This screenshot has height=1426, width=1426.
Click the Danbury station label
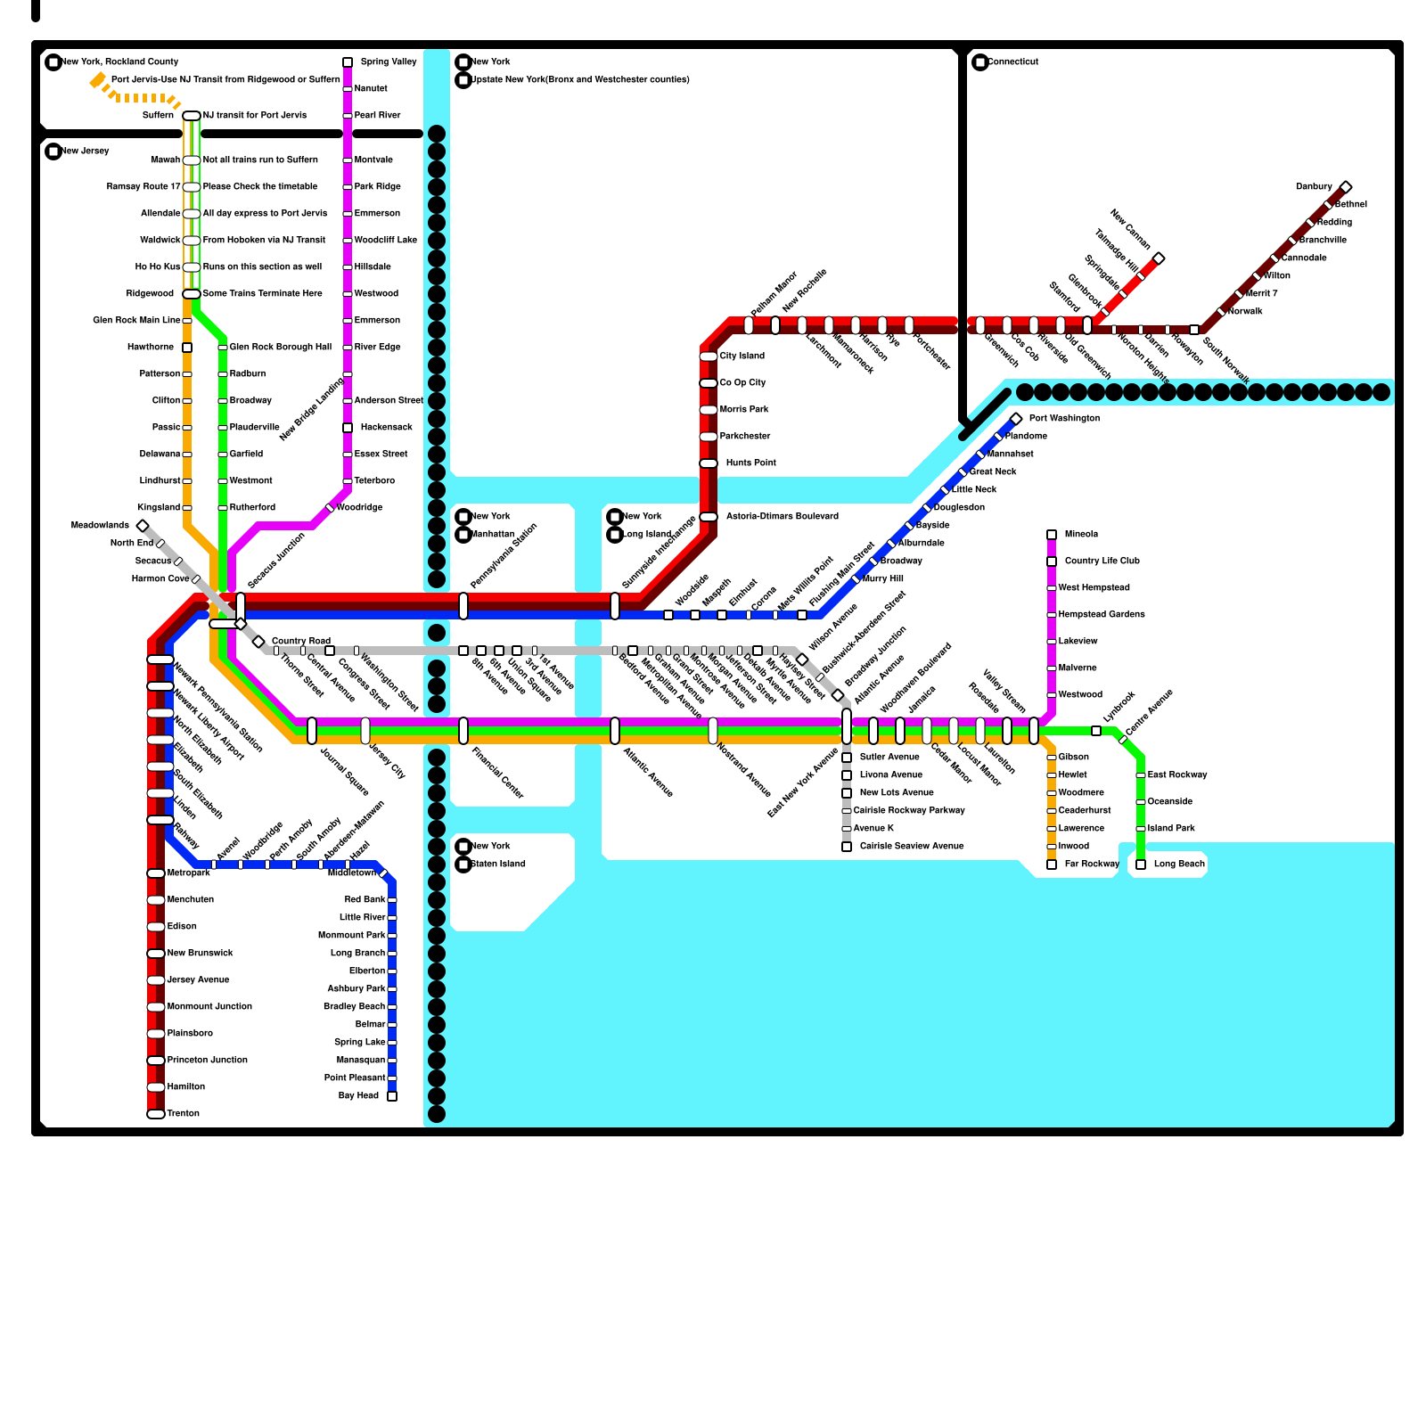tap(1314, 187)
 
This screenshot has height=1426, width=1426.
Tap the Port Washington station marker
tap(1016, 419)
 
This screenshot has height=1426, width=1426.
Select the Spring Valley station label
tap(389, 62)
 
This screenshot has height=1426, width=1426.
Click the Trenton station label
tap(184, 1114)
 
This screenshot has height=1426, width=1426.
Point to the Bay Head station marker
tap(392, 1096)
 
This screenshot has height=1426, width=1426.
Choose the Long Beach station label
tap(1179, 865)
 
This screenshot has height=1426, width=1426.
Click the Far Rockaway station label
tap(1092, 865)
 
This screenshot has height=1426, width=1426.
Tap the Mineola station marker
tap(1052, 535)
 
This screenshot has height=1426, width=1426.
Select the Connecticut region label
tap(1013, 62)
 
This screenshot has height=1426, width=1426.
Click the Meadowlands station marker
tap(143, 526)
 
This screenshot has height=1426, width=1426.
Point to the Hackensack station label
tap(387, 428)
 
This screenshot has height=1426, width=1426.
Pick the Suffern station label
tap(158, 116)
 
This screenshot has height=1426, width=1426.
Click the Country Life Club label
tap(1102, 561)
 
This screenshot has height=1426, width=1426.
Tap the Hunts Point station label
tap(750, 463)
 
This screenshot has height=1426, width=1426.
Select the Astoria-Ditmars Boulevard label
tap(782, 517)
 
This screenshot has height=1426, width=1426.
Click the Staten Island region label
tap(498, 865)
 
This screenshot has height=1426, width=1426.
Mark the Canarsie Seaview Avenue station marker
tap(847, 847)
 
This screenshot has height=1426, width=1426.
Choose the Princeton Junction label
tap(208, 1061)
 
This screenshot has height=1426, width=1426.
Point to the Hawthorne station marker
tap(187, 348)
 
